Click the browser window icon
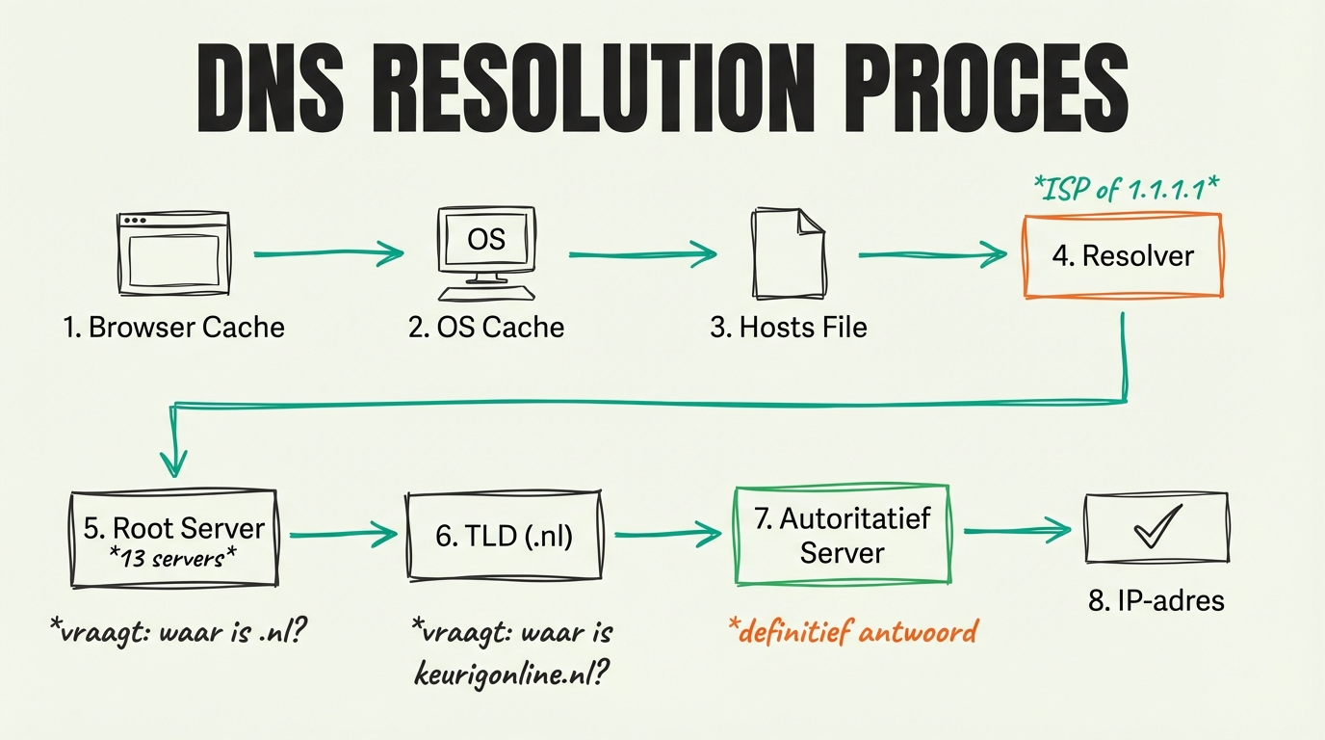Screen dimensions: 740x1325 (x=173, y=253)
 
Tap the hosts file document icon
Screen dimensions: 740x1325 (x=788, y=252)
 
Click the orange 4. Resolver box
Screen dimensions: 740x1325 (x=1122, y=255)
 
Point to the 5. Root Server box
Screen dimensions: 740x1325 (x=173, y=539)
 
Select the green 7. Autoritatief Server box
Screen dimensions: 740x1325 (x=841, y=535)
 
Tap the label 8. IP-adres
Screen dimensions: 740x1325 (x=1156, y=601)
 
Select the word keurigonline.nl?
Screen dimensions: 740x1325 (x=510, y=674)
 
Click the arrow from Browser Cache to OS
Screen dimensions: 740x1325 (x=327, y=254)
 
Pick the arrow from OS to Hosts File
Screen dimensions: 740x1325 (x=642, y=254)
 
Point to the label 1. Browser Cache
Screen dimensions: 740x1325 (x=173, y=328)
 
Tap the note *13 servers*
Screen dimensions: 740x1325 (x=173, y=558)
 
